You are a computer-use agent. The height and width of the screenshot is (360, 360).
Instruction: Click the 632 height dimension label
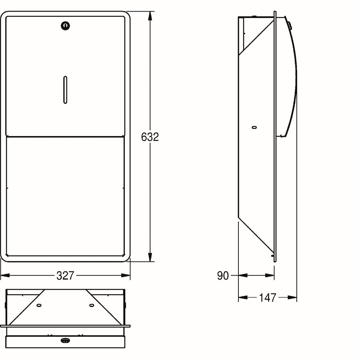[150, 137]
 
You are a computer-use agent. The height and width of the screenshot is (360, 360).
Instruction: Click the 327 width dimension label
[66, 276]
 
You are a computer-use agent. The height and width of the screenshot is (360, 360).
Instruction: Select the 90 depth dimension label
[223, 276]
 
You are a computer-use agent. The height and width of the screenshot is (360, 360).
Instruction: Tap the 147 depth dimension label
[268, 298]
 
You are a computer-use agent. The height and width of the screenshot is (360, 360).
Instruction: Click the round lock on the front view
[65, 26]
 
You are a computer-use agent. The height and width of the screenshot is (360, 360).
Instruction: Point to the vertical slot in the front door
[65, 90]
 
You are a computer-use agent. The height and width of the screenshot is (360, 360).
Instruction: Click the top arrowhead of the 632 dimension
[150, 16]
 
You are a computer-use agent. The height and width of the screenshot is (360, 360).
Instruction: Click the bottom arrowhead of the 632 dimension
[150, 257]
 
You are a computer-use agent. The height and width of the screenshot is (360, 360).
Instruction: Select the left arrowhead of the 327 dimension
[5, 275]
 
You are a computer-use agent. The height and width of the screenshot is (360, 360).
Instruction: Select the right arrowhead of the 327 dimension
[126, 275]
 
